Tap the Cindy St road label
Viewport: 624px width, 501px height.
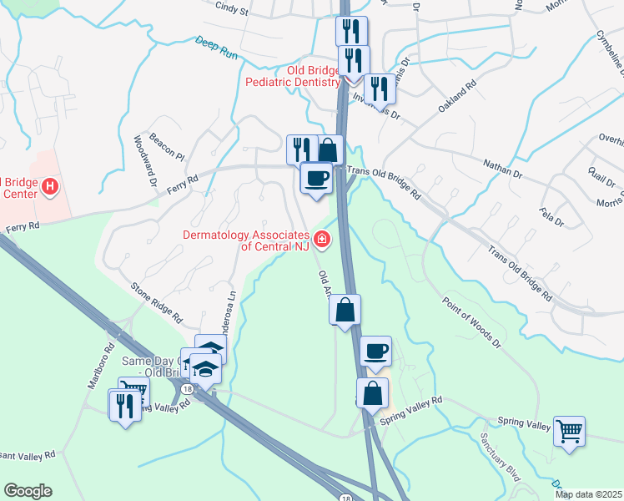[x=232, y=10]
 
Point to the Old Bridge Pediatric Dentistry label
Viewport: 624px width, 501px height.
[x=293, y=76]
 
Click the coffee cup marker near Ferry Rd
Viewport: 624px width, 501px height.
[x=315, y=178]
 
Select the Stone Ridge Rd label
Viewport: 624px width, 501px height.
[x=156, y=302]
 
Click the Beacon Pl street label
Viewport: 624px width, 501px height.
[x=167, y=145]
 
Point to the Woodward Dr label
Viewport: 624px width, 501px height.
[x=141, y=158]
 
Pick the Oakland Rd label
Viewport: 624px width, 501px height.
[x=457, y=97]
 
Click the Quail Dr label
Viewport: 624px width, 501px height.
[x=596, y=177]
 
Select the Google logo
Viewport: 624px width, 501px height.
[x=28, y=491]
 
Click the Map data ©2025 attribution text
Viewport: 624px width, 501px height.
[x=588, y=494]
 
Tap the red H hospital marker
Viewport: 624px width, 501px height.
[x=50, y=185]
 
